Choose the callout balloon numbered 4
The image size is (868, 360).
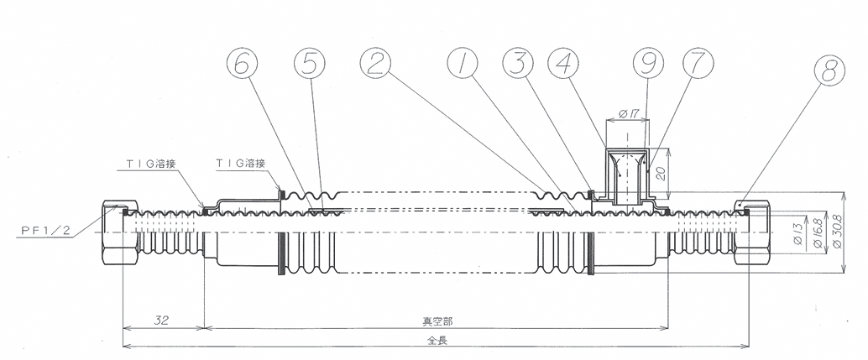(562, 63)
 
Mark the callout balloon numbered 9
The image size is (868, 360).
(644, 63)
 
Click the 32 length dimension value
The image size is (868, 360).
(164, 320)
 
